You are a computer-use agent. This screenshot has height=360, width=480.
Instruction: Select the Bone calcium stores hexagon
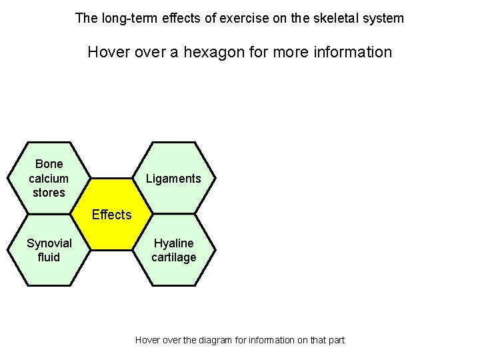49,178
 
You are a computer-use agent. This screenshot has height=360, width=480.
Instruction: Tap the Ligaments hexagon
173,178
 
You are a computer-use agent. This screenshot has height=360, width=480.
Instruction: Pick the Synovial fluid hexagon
49,250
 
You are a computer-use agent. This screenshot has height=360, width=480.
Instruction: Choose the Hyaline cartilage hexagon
174,250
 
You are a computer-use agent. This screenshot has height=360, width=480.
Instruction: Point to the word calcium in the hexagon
49,178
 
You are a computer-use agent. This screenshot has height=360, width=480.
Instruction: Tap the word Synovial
49,243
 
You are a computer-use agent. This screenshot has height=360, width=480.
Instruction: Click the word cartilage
174,257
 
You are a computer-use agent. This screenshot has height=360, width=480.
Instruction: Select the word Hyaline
174,243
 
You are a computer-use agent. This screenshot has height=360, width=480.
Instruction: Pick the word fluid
49,257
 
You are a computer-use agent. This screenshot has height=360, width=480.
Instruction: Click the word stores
49,193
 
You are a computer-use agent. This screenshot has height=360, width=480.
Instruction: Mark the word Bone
49,164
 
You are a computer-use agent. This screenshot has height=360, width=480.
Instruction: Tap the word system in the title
383,18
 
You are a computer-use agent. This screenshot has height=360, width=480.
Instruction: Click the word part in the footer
336,340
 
